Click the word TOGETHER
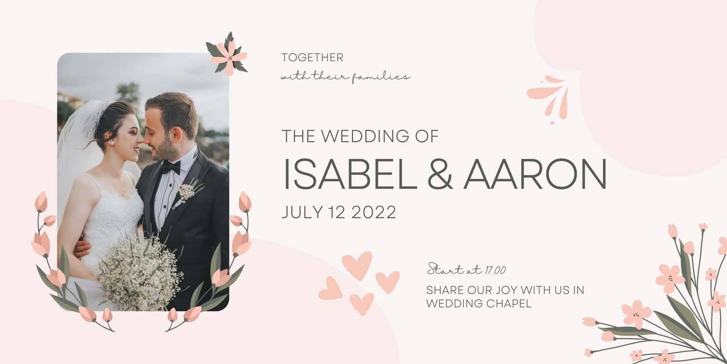click(x=312, y=57)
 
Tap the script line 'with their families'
click(x=345, y=77)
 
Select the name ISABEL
click(x=350, y=174)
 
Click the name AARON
click(x=535, y=174)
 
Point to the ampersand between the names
click(x=440, y=174)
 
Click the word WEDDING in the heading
click(x=365, y=136)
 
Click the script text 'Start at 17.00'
click(x=466, y=269)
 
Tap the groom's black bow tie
click(x=171, y=167)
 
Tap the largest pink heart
click(x=357, y=265)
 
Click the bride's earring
click(x=112, y=143)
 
